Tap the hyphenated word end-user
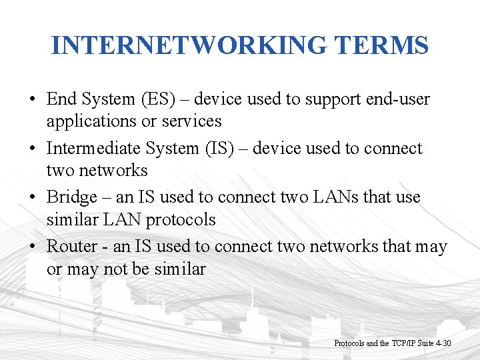(398, 99)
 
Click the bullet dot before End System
(32, 100)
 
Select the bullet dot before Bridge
(32, 198)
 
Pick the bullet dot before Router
(32, 247)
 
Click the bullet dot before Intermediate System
(32, 149)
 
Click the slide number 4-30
(441, 343)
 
